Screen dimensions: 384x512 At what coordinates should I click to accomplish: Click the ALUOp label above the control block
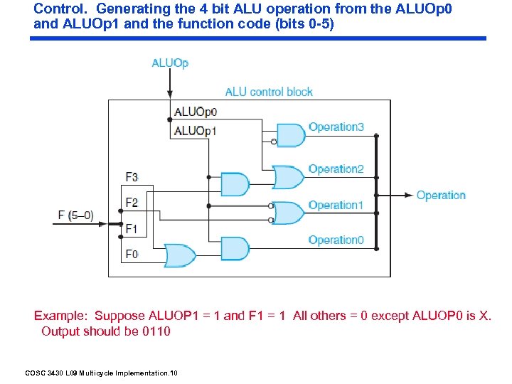pos(170,63)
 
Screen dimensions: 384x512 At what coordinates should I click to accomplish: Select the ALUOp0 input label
pos(196,112)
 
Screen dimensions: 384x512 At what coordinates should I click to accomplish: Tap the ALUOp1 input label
pos(196,131)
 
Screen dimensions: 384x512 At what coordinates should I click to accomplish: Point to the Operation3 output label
pos(336,127)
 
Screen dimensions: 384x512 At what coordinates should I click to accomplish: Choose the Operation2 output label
pos(336,169)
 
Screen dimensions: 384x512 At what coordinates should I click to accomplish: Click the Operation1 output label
pos(336,206)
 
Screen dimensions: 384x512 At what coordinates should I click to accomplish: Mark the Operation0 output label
pos(336,240)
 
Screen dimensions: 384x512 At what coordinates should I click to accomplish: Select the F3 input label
pos(132,177)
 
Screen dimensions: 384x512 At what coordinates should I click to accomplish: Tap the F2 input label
pos(132,203)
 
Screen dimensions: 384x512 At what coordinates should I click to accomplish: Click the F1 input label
pos(132,228)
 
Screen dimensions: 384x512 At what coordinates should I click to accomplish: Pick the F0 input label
pos(132,254)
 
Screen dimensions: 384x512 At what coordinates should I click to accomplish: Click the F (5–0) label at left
pos(76,215)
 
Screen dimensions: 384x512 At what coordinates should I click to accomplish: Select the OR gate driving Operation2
pos(288,177)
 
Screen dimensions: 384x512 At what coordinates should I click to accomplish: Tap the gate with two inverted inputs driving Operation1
pos(288,213)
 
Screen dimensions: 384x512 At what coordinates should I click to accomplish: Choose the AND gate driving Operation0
pos(235,248)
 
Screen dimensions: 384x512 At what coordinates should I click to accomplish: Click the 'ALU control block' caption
pos(269,92)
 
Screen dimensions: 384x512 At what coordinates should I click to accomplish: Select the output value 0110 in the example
pos(156,331)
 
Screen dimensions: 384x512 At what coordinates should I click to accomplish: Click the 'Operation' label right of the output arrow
pos(441,196)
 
